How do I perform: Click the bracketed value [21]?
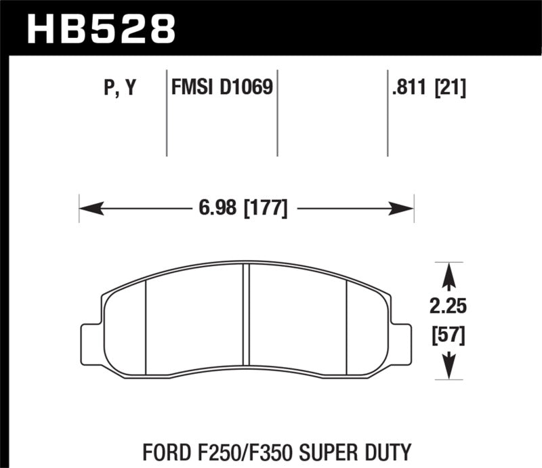tap(451, 88)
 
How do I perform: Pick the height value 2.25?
tap(448, 307)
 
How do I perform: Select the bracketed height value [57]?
tap(448, 334)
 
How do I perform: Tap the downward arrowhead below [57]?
tap(448, 369)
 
